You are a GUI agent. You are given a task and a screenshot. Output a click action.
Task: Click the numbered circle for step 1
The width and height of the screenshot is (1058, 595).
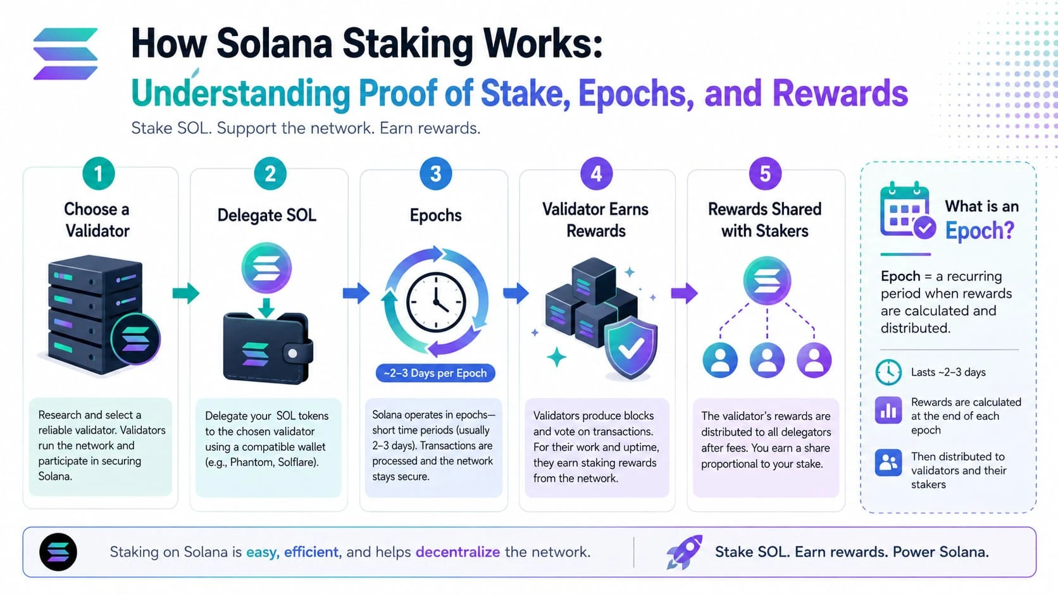(98, 174)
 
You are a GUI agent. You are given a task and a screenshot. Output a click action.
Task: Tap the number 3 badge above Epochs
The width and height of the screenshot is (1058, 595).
(435, 174)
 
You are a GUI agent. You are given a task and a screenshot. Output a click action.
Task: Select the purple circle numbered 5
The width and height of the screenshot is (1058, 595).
(765, 174)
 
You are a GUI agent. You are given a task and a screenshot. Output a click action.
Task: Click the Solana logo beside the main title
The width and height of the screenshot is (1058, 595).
(66, 54)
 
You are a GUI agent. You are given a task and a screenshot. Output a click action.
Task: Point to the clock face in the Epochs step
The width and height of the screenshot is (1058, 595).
(436, 302)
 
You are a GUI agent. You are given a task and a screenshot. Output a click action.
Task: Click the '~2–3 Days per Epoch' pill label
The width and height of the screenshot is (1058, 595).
(435, 373)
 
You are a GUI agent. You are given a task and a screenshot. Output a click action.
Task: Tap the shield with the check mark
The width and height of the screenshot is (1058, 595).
(630, 348)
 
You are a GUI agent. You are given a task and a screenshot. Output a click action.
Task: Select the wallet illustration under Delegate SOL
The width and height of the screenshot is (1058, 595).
(268, 348)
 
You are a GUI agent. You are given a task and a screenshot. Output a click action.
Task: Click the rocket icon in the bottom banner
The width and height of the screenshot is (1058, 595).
(684, 552)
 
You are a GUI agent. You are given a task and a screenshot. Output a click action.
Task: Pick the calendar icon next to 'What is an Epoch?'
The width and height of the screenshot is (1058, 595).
(907, 211)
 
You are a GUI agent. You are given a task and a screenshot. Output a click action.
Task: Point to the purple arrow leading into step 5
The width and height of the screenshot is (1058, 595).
(684, 293)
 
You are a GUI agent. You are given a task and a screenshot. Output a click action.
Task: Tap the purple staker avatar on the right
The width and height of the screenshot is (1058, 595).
(814, 360)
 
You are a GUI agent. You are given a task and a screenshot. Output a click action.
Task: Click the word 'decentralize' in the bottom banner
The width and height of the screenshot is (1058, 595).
(457, 551)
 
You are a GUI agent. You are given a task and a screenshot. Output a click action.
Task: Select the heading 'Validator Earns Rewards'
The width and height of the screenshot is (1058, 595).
(595, 220)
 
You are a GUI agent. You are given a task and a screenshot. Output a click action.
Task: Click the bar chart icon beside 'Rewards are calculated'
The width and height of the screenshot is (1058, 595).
(888, 410)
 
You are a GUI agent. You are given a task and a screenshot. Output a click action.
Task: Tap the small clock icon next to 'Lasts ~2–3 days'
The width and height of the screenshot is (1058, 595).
(888, 372)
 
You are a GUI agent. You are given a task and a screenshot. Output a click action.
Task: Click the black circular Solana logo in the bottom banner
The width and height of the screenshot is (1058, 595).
(58, 552)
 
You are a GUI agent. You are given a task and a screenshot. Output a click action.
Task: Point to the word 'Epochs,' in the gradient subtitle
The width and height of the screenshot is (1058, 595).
(636, 94)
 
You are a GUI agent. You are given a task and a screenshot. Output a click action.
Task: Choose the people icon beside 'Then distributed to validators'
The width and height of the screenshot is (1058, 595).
(888, 463)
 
